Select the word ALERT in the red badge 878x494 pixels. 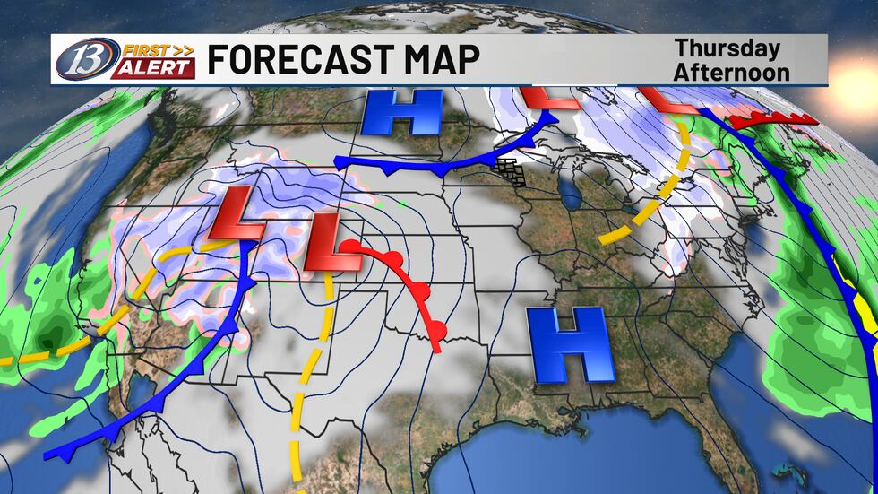click(x=152, y=67)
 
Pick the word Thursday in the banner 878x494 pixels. click(x=727, y=48)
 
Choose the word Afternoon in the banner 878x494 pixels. click(x=732, y=72)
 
